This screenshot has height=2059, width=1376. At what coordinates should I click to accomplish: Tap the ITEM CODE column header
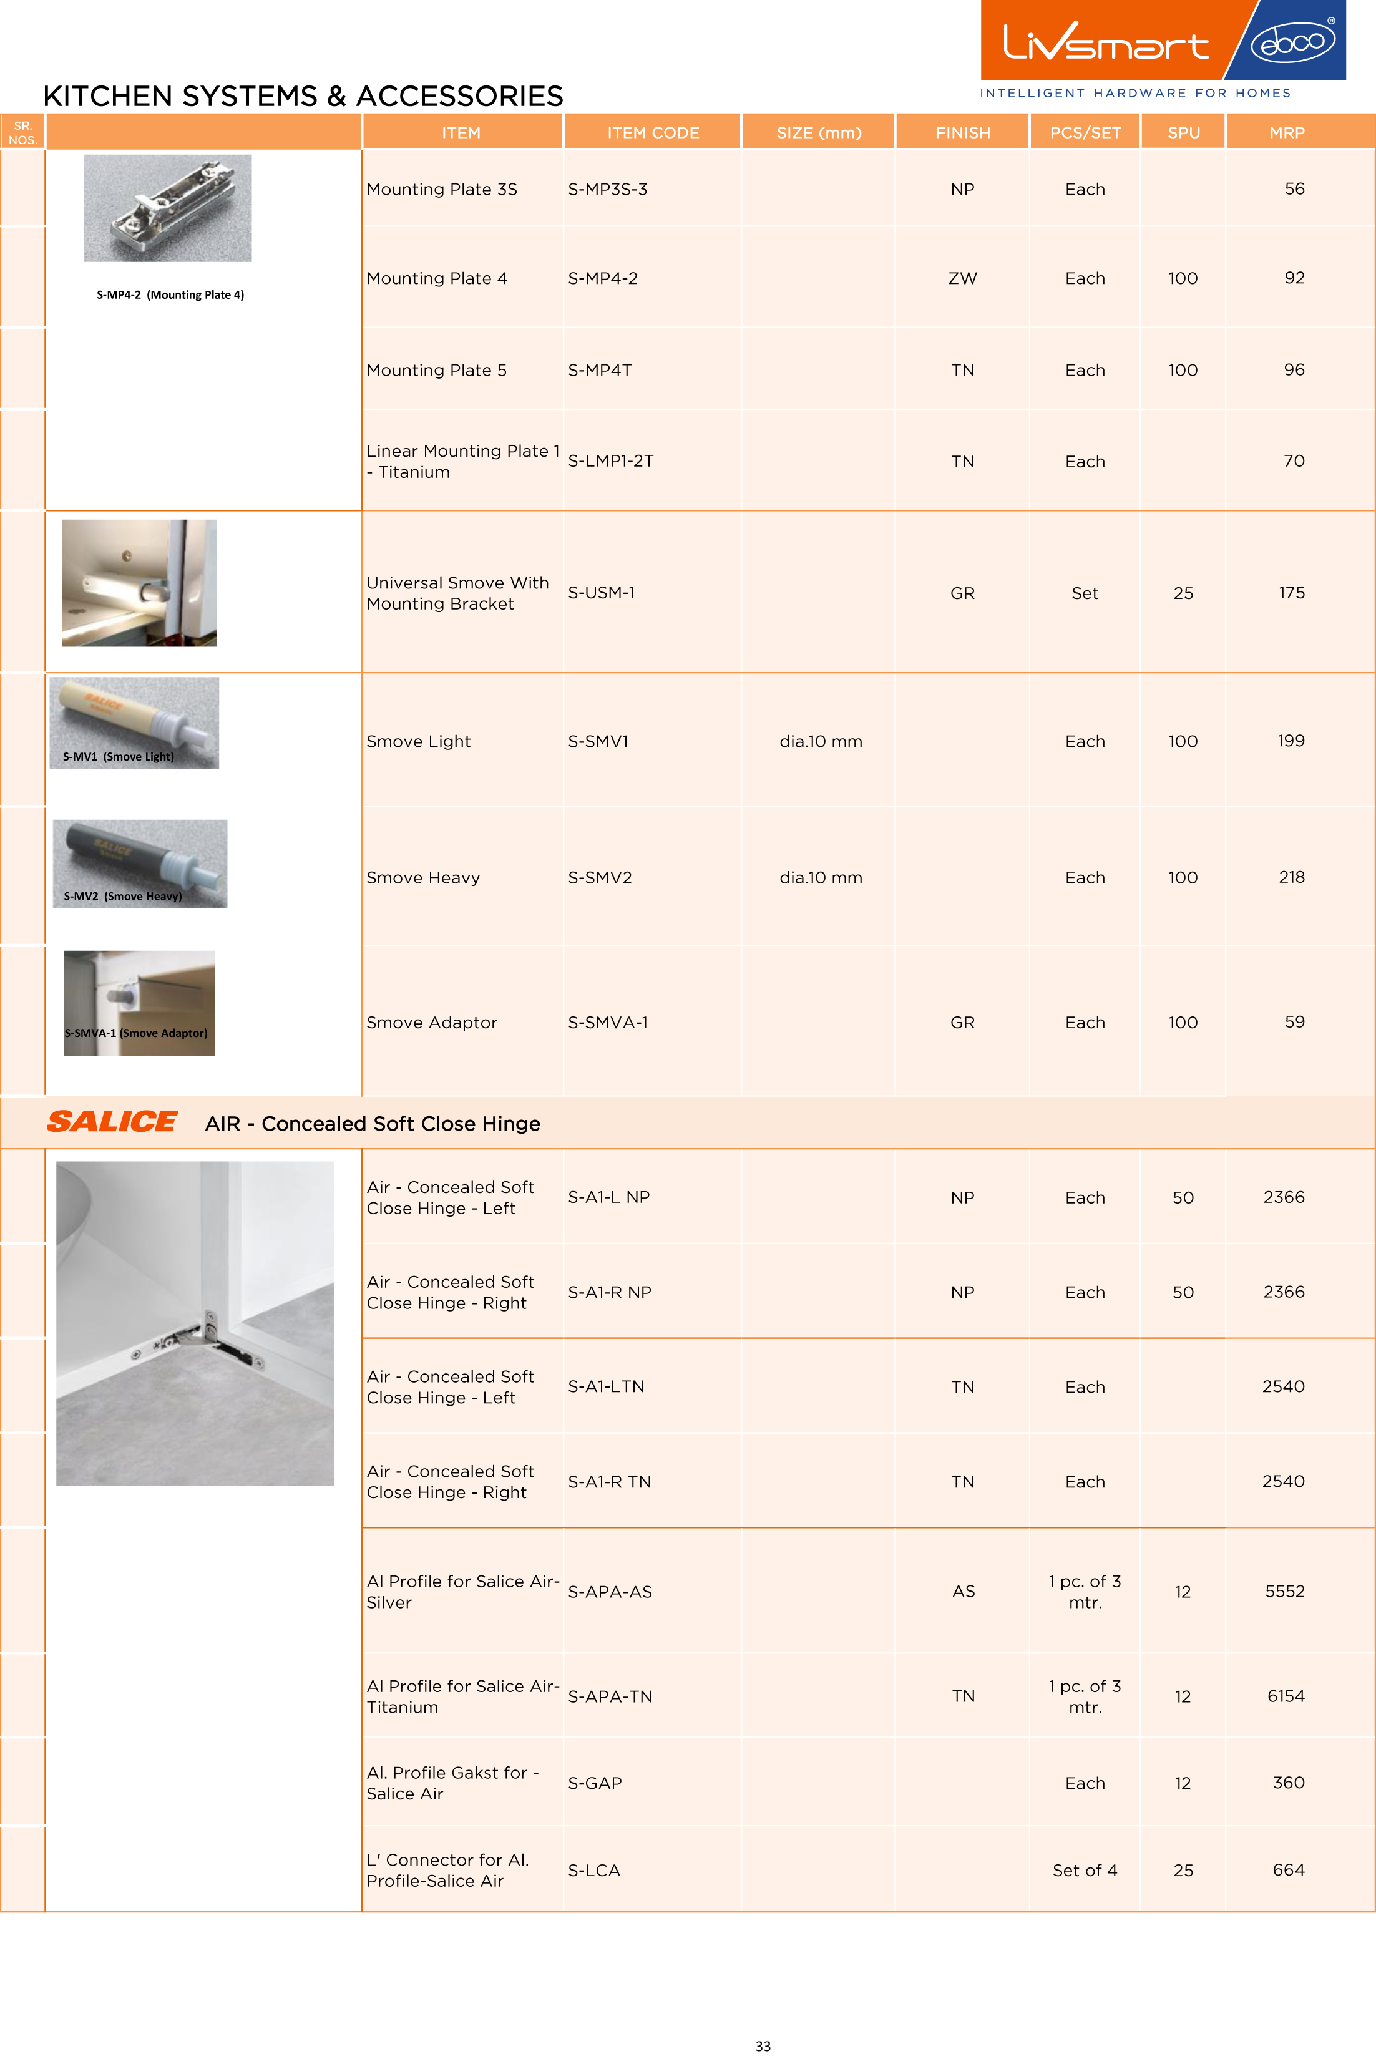click(653, 132)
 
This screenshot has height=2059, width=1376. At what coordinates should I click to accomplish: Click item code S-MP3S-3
click(607, 190)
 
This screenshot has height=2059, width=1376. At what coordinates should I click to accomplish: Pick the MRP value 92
click(1294, 278)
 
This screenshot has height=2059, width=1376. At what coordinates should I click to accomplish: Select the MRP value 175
click(1291, 593)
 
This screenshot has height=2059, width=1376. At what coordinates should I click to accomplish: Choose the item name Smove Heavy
click(423, 877)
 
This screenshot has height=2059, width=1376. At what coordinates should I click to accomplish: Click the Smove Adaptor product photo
click(140, 1002)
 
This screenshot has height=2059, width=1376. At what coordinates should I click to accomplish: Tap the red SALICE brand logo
click(112, 1121)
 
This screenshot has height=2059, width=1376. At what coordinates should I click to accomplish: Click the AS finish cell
click(963, 1592)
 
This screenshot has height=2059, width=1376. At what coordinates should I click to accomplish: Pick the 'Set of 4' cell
click(1085, 1871)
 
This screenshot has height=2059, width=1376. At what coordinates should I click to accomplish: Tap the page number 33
click(763, 2046)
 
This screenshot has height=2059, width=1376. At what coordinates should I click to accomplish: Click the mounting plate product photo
click(168, 208)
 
